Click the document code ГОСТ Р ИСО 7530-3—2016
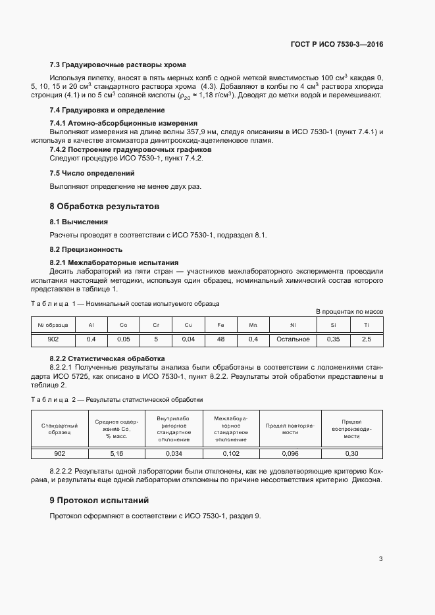pyautogui.click(x=336, y=44)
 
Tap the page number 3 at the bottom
pyautogui.click(x=380, y=559)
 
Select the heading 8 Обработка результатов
pyautogui.click(x=105, y=206)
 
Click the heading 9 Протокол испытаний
pyautogui.click(x=99, y=500)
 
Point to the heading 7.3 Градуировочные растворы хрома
pyautogui.click(x=118, y=64)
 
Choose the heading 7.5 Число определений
pyautogui.click(x=92, y=173)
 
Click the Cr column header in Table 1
pyautogui.click(x=156, y=325)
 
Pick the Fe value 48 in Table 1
pyautogui.click(x=220, y=339)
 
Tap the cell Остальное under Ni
pyautogui.click(x=293, y=339)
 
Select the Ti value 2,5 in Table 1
pyautogui.click(x=367, y=339)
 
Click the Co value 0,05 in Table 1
pyautogui.click(x=123, y=339)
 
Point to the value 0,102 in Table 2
pyautogui.click(x=231, y=454)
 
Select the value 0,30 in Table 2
pyautogui.click(x=352, y=454)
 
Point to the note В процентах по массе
pyautogui.click(x=349, y=311)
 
